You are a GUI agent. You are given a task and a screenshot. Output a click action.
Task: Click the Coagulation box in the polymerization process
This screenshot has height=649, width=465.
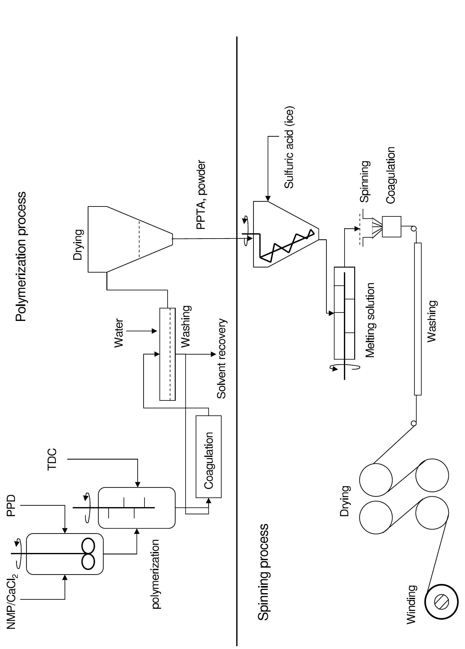tap(208, 456)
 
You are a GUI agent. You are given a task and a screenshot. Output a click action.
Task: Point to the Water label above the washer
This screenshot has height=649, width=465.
tap(119, 333)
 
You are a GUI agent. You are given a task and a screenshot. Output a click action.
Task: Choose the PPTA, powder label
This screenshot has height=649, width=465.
tap(201, 195)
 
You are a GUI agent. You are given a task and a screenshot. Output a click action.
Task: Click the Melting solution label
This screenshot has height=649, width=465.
tap(370, 320)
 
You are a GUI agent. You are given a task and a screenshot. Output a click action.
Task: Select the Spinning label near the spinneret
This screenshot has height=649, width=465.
tap(365, 182)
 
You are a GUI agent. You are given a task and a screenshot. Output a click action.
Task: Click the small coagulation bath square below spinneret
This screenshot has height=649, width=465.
tap(391, 227)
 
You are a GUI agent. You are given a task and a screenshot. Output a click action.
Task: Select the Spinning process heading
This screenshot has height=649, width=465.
tap(263, 572)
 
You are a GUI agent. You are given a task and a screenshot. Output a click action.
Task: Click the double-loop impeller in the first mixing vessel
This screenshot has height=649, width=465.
tap(88, 553)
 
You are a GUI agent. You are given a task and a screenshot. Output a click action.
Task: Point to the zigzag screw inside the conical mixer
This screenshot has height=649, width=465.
tap(286, 246)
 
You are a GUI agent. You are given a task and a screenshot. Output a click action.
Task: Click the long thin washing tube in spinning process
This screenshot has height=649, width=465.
tap(418, 319)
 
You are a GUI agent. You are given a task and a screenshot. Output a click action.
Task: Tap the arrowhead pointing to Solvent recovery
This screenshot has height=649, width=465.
tap(214, 354)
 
